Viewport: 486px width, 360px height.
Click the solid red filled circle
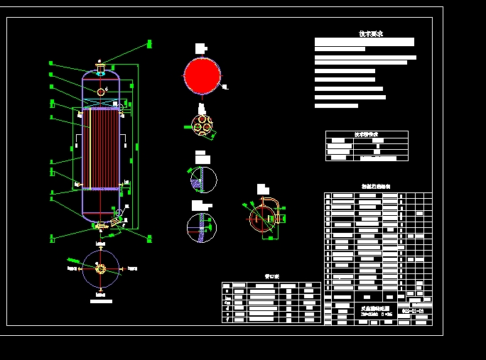pos(202,75)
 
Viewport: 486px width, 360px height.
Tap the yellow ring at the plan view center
pos(101,268)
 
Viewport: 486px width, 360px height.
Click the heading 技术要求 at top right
pos(371,33)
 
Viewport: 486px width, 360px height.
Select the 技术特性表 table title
pos(367,134)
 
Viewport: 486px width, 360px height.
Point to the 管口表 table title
pos(271,278)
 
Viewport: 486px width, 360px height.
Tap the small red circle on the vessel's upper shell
pos(101,92)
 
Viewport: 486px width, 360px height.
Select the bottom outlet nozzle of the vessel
pos(102,226)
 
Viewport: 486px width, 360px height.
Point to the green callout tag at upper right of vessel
pos(149,44)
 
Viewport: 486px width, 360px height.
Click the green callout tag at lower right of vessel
pos(149,237)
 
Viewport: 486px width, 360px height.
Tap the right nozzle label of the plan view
pos(133,268)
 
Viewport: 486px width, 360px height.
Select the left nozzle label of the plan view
pos(71,268)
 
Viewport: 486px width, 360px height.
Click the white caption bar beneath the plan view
pos(101,301)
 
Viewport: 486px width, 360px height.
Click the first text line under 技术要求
pos(364,42)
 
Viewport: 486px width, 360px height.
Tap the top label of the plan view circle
pos(101,244)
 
